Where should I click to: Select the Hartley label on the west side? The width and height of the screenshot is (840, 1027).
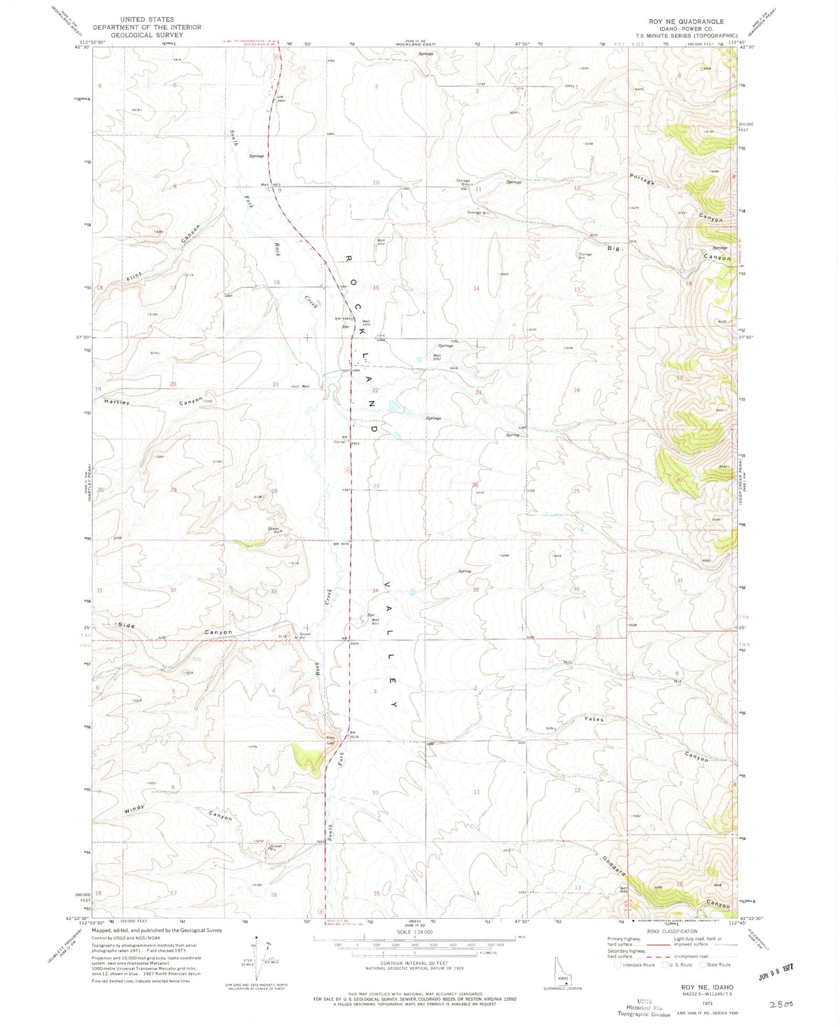[x=117, y=402]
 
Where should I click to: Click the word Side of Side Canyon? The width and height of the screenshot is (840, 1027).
[x=127, y=625]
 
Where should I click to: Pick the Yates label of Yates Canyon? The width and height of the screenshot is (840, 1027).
[x=594, y=719]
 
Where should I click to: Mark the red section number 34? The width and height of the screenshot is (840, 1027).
[x=376, y=591]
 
